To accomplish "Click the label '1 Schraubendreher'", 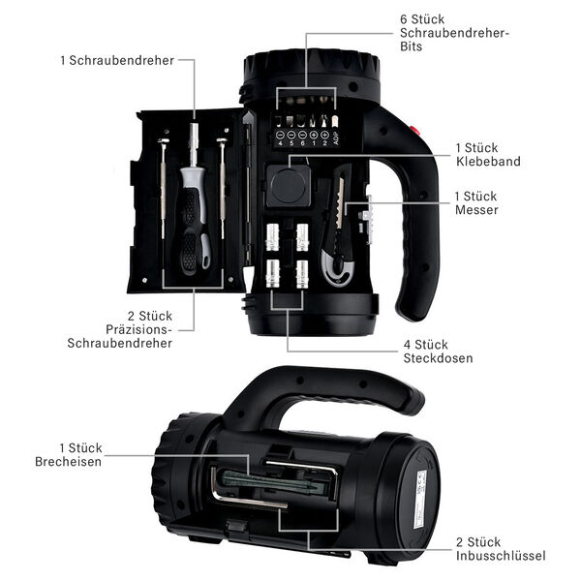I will pyautogui.click(x=117, y=60).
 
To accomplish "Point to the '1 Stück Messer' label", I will pyautogui.click(x=476, y=202).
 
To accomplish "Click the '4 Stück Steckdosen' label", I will pyautogui.click(x=438, y=351).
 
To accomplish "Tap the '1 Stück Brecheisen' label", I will pyautogui.click(x=80, y=454).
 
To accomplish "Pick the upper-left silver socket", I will pyautogui.click(x=273, y=235).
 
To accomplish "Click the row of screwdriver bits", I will pyautogui.click(x=306, y=122).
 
